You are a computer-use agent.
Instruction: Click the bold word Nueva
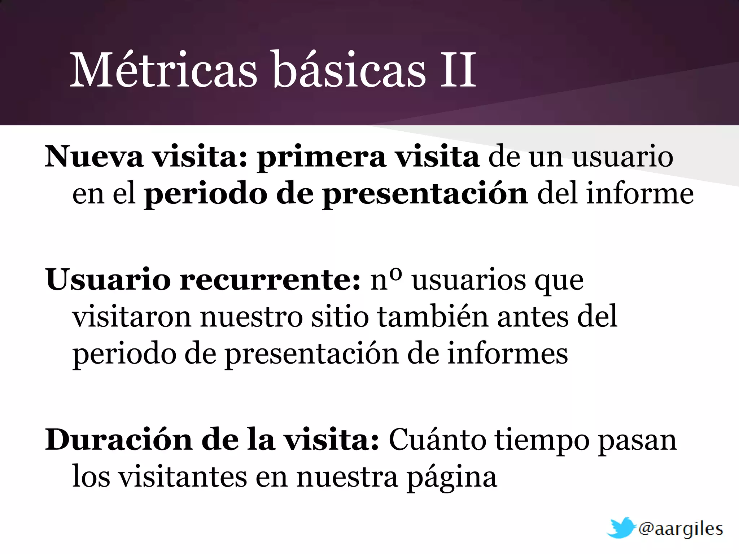point(94,157)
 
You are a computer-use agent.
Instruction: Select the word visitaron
point(131,317)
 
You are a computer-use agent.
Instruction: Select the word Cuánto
point(437,440)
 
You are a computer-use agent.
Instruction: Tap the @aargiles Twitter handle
point(681,529)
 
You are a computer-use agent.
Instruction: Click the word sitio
point(340,317)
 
